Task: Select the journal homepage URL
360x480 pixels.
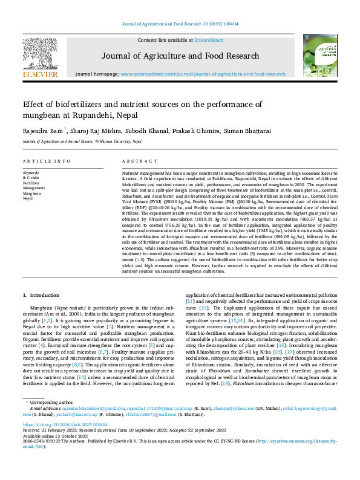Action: coord(203,74)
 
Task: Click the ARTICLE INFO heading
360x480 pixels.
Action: coord(45,161)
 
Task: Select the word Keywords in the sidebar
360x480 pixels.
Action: coord(30,173)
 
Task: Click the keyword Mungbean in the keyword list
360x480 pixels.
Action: coord(32,193)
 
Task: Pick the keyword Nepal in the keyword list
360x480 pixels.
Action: coord(27,198)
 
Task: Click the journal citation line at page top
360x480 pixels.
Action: coord(180,24)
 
